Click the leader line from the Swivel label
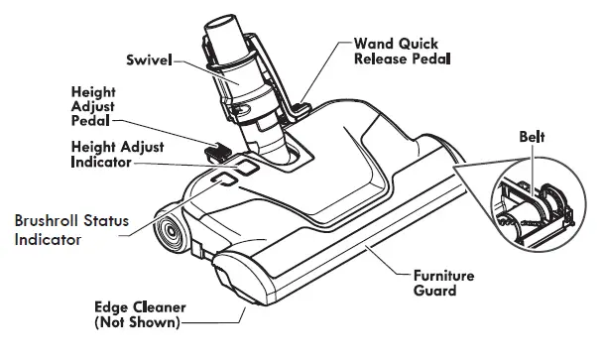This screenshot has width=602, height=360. [x=190, y=60]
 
